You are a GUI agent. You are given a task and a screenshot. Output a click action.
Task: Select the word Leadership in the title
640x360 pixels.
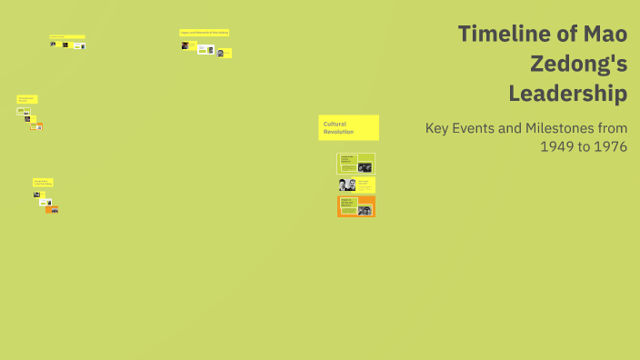(567, 93)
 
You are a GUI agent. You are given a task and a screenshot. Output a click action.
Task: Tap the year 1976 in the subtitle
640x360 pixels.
(609, 146)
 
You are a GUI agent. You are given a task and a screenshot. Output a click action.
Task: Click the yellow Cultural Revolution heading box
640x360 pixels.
(348, 127)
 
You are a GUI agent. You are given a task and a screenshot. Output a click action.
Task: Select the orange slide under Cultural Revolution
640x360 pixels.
(356, 206)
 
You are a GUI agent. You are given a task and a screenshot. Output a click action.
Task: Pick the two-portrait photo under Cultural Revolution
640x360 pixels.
(346, 185)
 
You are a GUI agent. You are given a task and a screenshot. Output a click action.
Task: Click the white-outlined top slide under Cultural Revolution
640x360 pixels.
(355, 164)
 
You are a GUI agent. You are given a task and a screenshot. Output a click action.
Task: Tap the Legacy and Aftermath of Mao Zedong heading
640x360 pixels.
(204, 33)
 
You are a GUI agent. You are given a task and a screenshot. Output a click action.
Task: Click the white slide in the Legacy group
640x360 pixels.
(205, 49)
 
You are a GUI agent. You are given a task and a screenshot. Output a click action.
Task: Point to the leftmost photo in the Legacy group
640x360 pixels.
(185, 45)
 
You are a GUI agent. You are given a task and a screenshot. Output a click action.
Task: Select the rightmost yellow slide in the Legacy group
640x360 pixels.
(224, 53)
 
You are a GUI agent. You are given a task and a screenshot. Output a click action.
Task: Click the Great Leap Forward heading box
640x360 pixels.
(26, 98)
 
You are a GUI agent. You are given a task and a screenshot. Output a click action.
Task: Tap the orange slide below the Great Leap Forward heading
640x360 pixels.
(36, 126)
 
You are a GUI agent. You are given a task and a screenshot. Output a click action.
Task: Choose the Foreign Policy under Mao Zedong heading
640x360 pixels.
(42, 182)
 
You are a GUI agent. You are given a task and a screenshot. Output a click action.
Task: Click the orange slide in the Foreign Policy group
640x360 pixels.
(52, 209)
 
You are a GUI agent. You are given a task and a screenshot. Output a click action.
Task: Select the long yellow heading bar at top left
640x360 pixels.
(66, 37)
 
